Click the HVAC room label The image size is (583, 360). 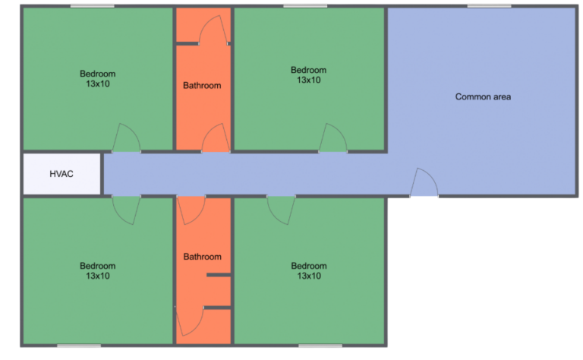coord(61,174)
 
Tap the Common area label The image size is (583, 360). coord(483,96)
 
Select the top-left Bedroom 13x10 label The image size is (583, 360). coord(98,78)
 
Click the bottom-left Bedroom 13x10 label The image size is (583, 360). coord(98,270)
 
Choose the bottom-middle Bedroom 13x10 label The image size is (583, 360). coord(309,270)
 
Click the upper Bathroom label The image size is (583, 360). coord(202,85)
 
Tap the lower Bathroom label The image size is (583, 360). coord(202,257)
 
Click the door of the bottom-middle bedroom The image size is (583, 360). coord(281,209)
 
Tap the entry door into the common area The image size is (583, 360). coord(424,184)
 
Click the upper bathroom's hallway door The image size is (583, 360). coord(216,140)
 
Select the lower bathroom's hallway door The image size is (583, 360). coord(191,209)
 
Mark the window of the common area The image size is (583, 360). coord(489,6)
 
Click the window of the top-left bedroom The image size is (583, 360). coord(92,6)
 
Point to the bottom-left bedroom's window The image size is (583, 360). coord(79,347)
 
